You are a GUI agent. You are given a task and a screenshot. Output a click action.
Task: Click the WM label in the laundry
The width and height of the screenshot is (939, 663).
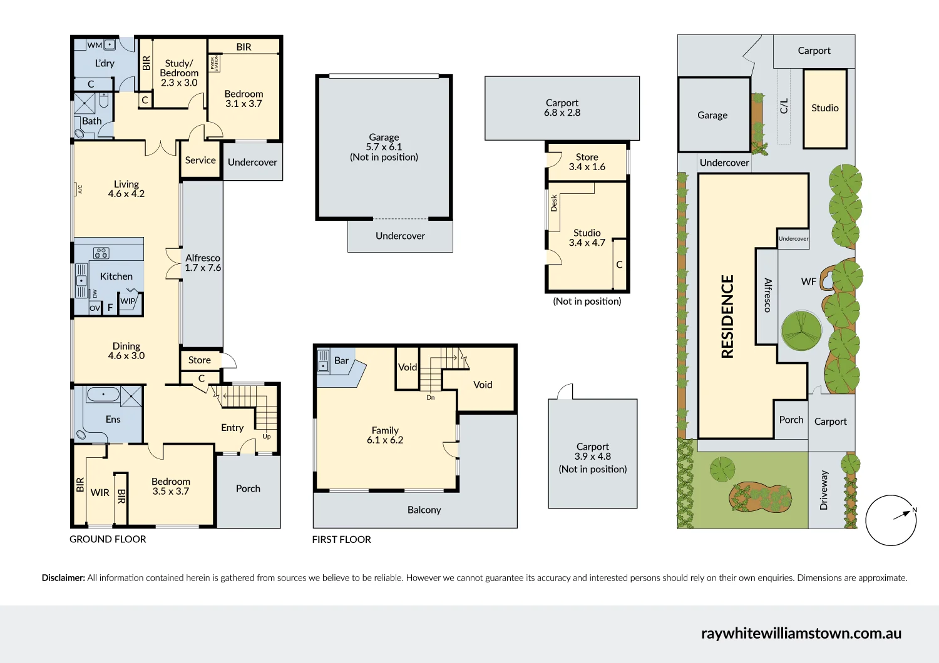point(95,45)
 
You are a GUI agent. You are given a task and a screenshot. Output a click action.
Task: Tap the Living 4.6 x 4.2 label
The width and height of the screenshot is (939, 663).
point(126,189)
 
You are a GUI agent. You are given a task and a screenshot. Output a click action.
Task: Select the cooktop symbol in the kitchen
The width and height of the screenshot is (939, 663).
point(101,253)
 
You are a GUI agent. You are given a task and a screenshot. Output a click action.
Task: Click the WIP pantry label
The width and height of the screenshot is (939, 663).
point(128,301)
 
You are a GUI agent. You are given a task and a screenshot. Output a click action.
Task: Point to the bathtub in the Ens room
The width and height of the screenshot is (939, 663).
point(103,395)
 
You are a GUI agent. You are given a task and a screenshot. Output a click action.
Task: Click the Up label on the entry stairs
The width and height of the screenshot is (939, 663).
point(267,437)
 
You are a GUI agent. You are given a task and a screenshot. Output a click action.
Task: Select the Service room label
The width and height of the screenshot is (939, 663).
point(200,160)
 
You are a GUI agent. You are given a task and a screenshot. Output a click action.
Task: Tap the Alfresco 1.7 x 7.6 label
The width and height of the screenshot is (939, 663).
point(203,263)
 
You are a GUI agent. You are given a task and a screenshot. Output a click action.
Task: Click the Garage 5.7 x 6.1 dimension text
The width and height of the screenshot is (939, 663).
point(384,147)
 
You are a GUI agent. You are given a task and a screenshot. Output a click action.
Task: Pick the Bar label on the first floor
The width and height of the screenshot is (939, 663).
point(341,360)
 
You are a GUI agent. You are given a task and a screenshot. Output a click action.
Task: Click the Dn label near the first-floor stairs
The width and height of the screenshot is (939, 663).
point(431,397)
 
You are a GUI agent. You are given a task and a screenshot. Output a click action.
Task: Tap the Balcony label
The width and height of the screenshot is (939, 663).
point(424,510)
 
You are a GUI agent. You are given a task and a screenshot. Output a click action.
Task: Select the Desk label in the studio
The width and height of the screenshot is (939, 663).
point(554,203)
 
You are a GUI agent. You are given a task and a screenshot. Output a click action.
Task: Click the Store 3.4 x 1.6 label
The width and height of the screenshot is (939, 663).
point(587,162)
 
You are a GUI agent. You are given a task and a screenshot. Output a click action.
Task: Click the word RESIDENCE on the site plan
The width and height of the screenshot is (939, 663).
point(727,316)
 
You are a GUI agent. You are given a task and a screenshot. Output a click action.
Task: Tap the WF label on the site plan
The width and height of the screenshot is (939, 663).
point(808,281)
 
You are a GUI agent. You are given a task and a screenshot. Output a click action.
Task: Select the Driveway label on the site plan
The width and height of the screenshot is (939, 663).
point(824,490)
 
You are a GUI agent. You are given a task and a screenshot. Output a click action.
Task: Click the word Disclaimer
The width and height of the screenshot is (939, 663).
point(63,578)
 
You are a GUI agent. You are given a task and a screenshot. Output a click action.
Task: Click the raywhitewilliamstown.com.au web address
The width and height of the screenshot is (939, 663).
point(801,633)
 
